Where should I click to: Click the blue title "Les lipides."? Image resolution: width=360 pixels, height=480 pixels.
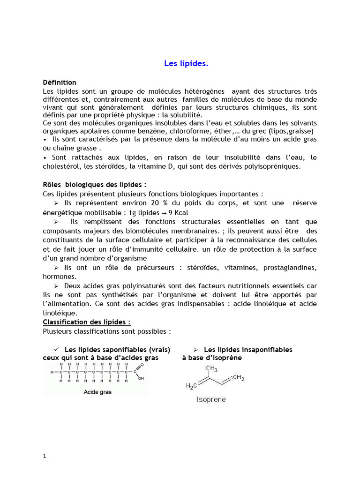186,64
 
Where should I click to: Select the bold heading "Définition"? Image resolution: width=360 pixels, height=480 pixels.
60,82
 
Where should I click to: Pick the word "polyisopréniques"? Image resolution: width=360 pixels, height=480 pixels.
274,166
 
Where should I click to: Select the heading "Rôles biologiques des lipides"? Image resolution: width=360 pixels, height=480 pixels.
97,185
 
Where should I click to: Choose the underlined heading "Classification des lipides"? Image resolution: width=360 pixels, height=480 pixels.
87,322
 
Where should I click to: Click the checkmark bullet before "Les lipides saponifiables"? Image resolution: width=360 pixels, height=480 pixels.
56,349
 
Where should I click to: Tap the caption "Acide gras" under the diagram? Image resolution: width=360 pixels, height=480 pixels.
97,392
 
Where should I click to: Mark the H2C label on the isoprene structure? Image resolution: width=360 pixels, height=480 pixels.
192,386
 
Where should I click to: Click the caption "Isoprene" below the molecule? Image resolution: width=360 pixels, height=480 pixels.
211,400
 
